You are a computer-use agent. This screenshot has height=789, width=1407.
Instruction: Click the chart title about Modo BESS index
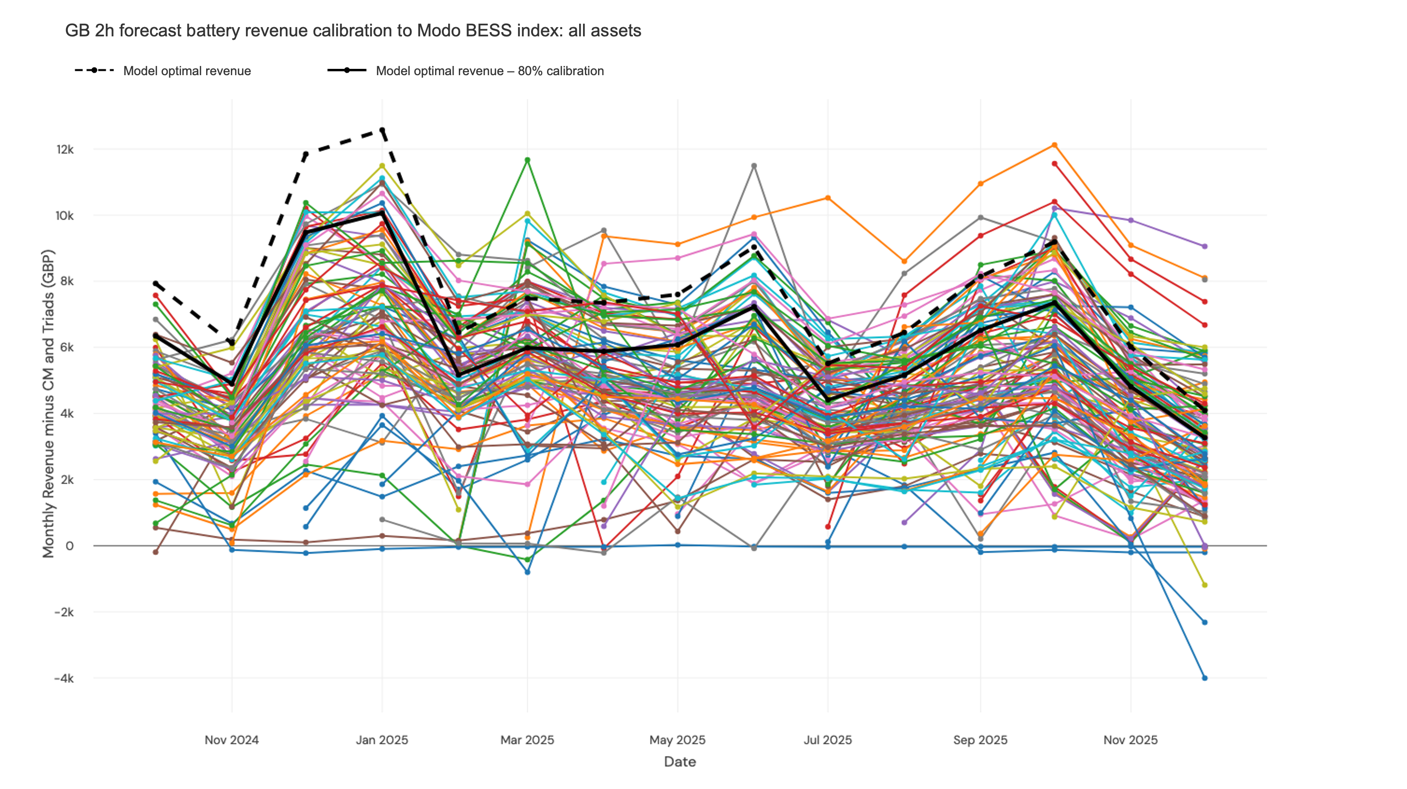353,31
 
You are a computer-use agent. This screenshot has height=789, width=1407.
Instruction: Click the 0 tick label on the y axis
69,546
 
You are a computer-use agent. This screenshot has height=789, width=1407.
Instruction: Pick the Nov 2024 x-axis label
231,740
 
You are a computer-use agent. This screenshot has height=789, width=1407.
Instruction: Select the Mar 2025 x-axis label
527,740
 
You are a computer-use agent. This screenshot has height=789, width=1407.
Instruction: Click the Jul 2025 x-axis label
827,740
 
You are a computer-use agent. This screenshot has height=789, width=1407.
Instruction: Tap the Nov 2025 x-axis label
1130,740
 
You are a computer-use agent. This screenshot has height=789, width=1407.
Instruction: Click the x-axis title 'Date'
680,762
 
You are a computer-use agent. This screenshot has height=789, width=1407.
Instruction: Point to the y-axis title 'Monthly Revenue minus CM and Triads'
49,403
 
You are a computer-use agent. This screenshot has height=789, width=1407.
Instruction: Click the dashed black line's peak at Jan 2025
382,130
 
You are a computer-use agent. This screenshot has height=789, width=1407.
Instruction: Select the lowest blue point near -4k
1204,678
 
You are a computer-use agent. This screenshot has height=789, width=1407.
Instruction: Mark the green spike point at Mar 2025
527,160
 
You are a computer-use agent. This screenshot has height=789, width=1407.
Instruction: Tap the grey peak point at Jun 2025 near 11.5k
754,166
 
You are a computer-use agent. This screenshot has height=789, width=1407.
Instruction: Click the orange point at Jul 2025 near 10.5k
828,198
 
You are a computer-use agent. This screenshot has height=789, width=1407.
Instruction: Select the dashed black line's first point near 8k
156,284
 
